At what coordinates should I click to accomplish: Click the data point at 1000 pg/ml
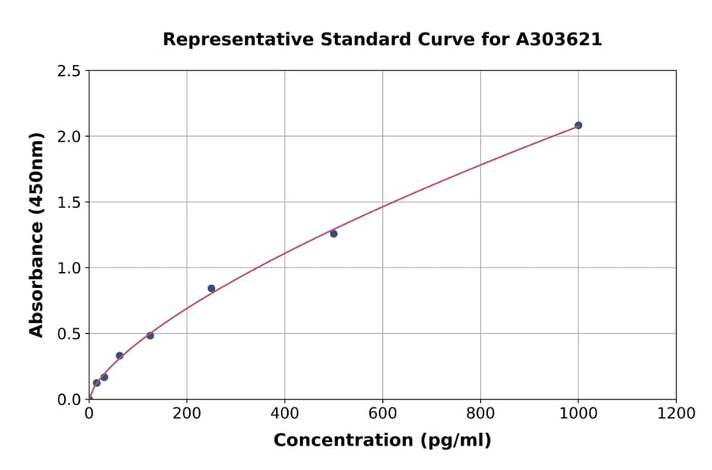coord(578,125)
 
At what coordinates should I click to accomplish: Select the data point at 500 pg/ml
coord(334,233)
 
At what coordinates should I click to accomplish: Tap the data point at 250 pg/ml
coord(211,288)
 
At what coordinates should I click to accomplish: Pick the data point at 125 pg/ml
coord(150,335)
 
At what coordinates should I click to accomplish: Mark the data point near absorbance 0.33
coord(119,355)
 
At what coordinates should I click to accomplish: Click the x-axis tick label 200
coord(187,413)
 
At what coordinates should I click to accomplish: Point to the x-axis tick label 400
coord(285,413)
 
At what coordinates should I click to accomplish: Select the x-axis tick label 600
coord(383,413)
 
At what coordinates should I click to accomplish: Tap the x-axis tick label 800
coord(480,413)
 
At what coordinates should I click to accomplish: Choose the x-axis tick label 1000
coord(578,413)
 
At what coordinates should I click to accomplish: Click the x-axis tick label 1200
coord(676,413)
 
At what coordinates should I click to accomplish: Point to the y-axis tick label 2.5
coord(69,71)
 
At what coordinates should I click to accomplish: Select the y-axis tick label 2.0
coord(69,137)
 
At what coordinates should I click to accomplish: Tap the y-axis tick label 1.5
coord(69,203)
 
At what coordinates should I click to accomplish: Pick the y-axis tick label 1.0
coord(69,268)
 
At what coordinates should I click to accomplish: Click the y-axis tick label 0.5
coord(69,334)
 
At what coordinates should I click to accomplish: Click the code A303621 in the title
coord(559,40)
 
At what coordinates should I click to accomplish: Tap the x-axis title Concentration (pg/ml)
coord(382,441)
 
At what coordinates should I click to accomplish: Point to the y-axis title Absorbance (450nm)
coord(36,234)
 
